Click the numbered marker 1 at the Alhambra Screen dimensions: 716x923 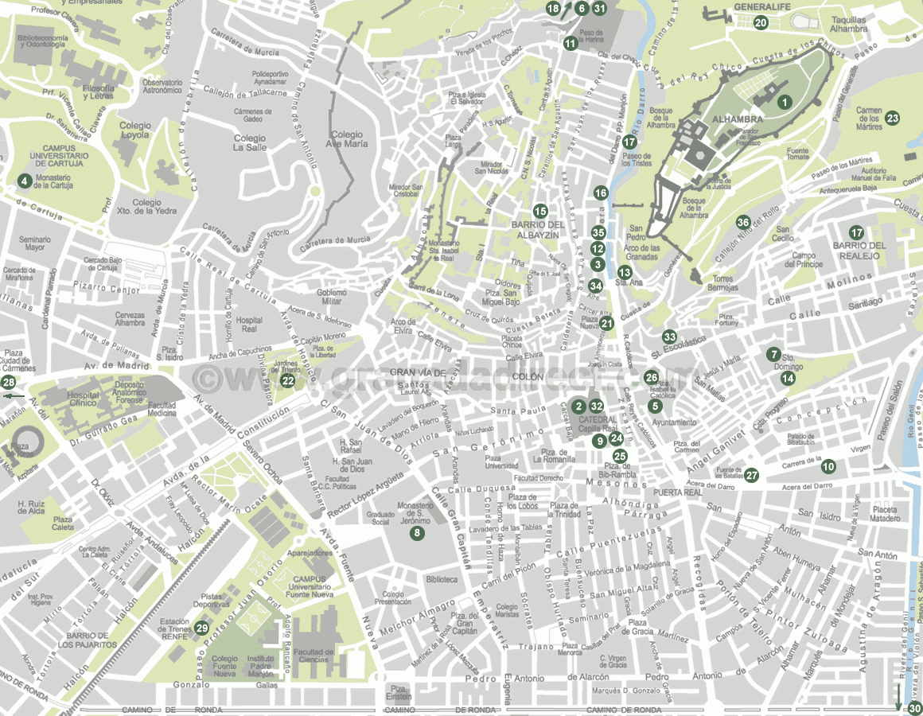click(x=785, y=102)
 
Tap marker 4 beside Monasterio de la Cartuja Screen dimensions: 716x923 click(x=25, y=181)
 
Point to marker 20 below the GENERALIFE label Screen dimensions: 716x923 click(x=761, y=23)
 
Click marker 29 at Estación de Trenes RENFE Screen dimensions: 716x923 click(x=201, y=628)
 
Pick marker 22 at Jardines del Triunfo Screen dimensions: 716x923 click(x=288, y=381)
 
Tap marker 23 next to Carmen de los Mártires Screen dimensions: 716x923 click(x=893, y=119)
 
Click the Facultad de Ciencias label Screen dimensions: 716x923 click(x=313, y=656)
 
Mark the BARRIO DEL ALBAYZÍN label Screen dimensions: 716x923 click(x=538, y=230)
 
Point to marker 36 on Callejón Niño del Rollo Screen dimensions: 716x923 click(x=743, y=222)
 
